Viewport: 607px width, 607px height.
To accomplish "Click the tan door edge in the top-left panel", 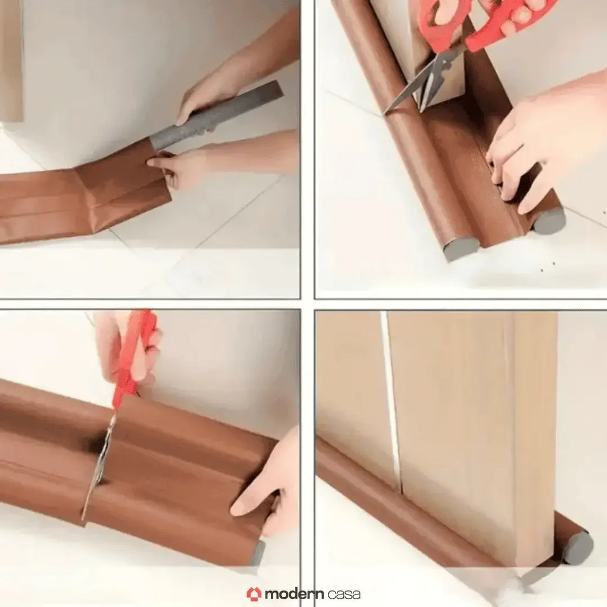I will point(11,59).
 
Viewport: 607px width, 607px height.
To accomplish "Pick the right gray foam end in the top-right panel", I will point(549,221).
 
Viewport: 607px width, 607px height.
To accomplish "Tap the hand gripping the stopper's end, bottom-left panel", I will point(270,486).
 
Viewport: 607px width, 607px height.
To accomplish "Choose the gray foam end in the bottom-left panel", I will point(258,554).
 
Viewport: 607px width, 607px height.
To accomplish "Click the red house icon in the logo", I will point(254,593).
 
